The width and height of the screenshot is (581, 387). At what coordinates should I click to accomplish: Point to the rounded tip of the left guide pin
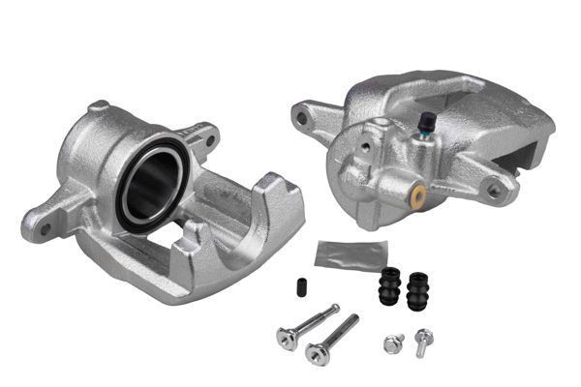pyautogui.click(x=335, y=310)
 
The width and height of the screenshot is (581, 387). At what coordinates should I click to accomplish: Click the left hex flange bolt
pyautogui.click(x=393, y=342)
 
